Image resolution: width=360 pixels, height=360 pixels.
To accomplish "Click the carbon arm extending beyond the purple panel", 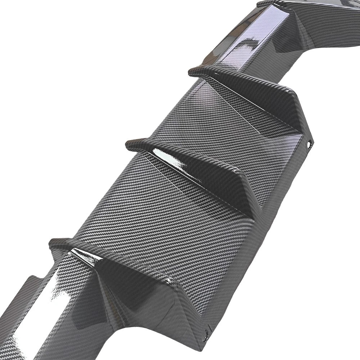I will (324, 22).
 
